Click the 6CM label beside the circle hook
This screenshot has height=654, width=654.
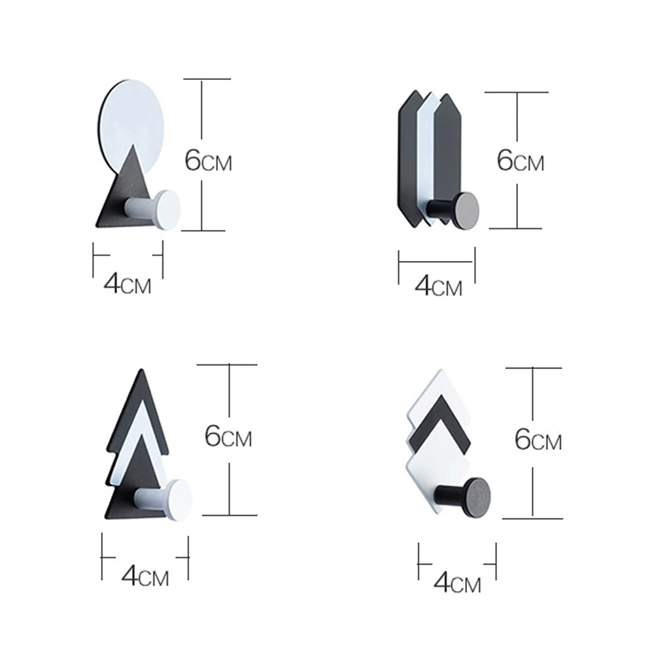coord(208,161)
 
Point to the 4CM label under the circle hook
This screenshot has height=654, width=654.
coord(128,284)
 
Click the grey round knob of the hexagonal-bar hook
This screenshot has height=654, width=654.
coord(466,210)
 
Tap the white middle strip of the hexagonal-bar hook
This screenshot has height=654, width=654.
coord(426,158)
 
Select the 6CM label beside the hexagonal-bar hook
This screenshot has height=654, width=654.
coord(520,160)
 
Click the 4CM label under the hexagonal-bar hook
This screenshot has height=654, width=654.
coord(438,286)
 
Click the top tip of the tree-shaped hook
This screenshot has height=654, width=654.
coord(142,370)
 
